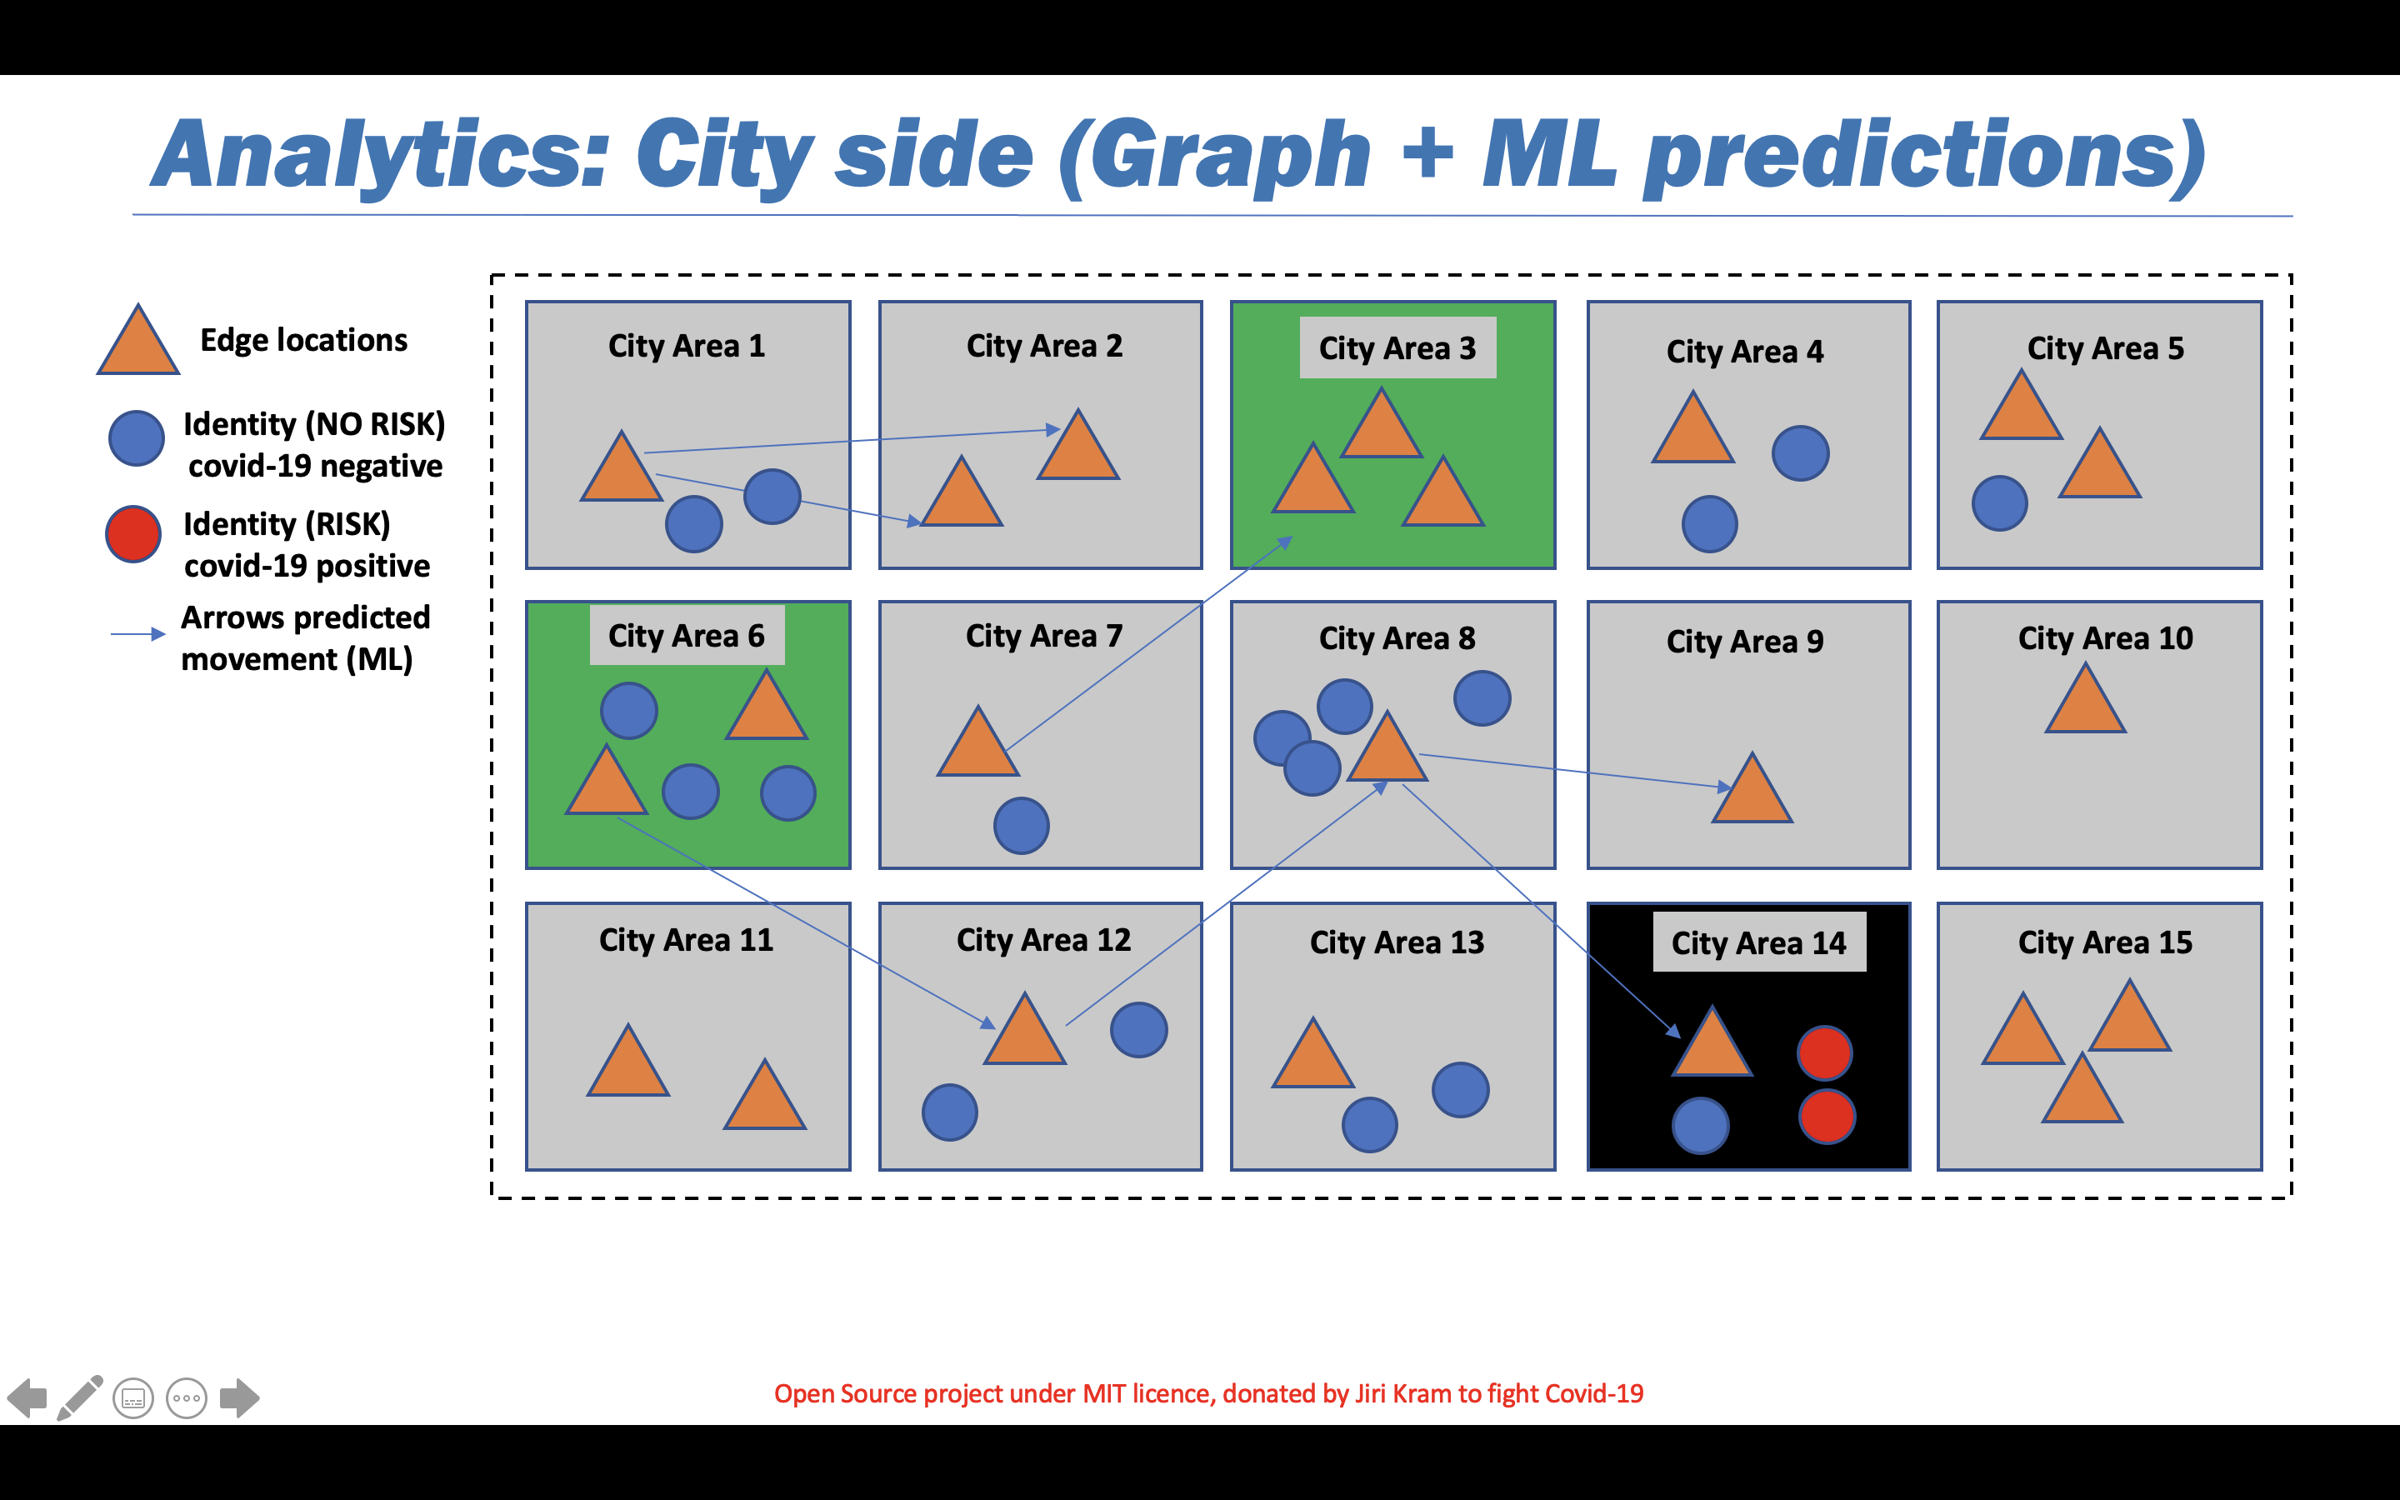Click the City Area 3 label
(x=1397, y=348)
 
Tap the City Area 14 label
(x=1758, y=942)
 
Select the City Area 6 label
(x=687, y=636)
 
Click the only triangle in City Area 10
(x=2086, y=699)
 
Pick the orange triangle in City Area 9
(x=1752, y=788)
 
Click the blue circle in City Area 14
(x=1701, y=1126)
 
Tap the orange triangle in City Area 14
(x=1712, y=1042)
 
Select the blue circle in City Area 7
(x=1022, y=825)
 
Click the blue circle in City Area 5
(x=2000, y=503)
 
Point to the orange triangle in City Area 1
(x=622, y=467)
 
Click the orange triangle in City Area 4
(x=1692, y=427)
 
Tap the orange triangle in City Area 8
(x=1387, y=746)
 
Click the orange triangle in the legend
(x=137, y=340)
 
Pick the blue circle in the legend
(x=136, y=437)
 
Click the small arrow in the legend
(x=137, y=633)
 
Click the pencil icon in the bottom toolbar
(x=80, y=1397)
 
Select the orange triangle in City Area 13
(x=1313, y=1052)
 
